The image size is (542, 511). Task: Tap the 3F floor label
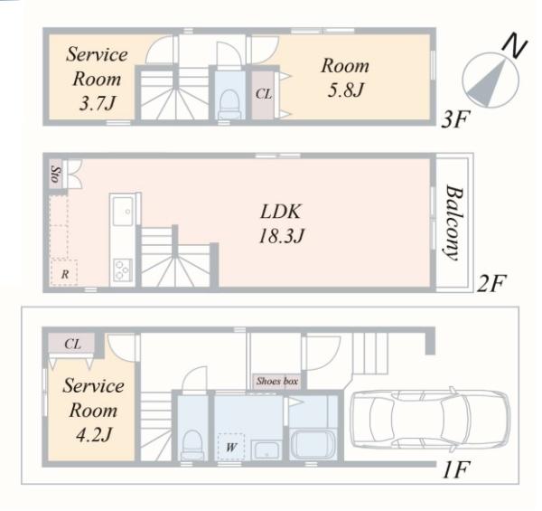(455, 119)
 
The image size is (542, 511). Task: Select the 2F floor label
(491, 283)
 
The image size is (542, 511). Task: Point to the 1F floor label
(456, 469)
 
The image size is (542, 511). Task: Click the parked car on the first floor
(430, 420)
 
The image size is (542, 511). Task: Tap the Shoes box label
(277, 382)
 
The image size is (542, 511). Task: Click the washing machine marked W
(231, 447)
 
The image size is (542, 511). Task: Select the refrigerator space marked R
(64, 272)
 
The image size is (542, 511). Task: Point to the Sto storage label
(55, 174)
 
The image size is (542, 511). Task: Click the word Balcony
(453, 223)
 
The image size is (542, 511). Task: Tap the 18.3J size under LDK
(281, 236)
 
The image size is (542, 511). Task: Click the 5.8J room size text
(345, 90)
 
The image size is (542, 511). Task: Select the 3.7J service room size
(97, 103)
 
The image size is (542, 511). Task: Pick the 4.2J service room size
(94, 434)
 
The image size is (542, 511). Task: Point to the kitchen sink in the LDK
(123, 211)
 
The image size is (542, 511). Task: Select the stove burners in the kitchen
(123, 270)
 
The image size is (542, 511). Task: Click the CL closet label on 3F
(264, 94)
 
